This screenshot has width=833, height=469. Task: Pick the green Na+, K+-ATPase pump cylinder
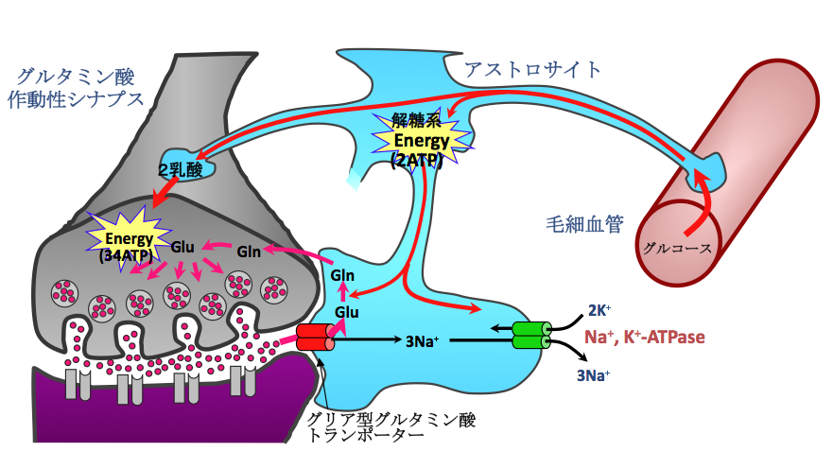(530, 335)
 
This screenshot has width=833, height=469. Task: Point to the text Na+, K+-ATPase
(644, 337)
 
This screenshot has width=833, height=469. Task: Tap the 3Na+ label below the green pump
(594, 374)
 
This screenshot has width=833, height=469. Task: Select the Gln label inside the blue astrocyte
(342, 275)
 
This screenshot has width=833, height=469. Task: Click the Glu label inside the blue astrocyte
(346, 311)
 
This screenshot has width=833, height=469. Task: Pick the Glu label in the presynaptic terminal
(183, 247)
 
